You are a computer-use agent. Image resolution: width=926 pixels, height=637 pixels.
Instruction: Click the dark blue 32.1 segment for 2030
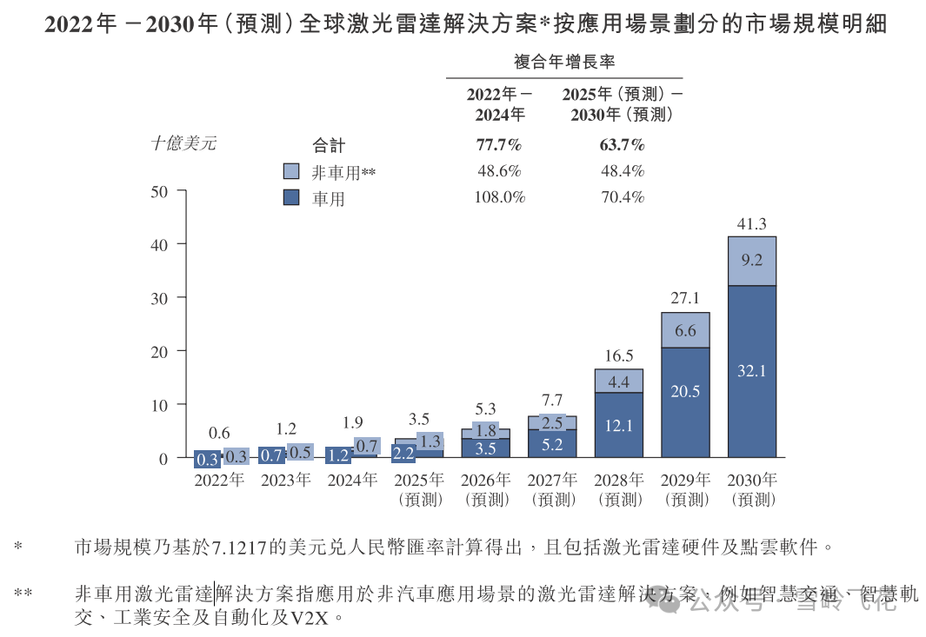(x=752, y=371)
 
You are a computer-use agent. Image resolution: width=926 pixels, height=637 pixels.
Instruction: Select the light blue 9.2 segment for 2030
(x=752, y=261)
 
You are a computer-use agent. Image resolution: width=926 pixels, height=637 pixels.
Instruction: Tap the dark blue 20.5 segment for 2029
(x=685, y=402)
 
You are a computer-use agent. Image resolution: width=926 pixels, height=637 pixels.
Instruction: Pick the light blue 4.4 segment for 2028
(x=619, y=381)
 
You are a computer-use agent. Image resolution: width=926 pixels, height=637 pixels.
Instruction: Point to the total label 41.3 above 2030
(x=752, y=224)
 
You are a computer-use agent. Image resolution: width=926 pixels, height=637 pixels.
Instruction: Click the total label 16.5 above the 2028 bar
(x=619, y=356)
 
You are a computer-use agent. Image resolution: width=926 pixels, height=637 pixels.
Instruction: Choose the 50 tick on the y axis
(x=160, y=191)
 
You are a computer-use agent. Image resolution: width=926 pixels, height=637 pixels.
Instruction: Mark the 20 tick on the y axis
(x=160, y=351)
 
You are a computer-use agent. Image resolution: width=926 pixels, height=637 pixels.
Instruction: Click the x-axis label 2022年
(x=219, y=480)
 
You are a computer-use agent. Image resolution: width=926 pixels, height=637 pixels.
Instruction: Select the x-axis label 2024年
(x=352, y=480)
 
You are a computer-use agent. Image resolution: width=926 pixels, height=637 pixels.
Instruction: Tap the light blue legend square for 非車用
(x=291, y=172)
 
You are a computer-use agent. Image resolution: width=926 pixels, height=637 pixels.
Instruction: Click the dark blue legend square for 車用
(x=291, y=197)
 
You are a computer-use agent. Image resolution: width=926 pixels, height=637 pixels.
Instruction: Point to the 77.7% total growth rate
(x=499, y=144)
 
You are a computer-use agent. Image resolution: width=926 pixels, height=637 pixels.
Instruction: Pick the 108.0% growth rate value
(x=499, y=197)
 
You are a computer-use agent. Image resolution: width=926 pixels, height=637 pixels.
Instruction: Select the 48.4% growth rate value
(x=622, y=171)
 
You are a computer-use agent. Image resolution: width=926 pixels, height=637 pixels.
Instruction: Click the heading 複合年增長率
(x=564, y=61)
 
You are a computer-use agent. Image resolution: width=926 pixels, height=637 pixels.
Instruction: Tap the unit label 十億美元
(x=183, y=144)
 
